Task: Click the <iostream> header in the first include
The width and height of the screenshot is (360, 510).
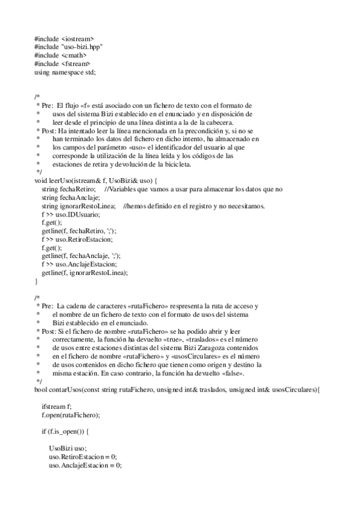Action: point(78,38)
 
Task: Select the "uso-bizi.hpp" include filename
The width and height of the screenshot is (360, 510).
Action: point(81,47)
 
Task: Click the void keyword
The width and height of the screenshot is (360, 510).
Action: point(41,181)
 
